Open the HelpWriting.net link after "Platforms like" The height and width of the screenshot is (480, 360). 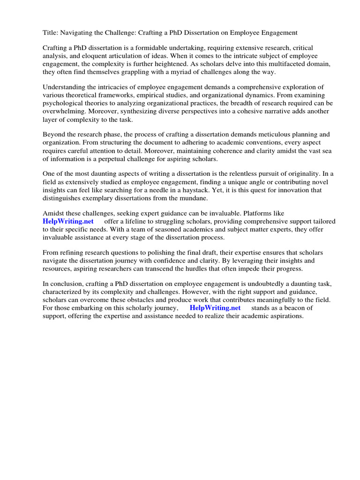click(x=68, y=221)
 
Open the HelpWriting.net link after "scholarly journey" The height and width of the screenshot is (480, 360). click(x=215, y=308)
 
